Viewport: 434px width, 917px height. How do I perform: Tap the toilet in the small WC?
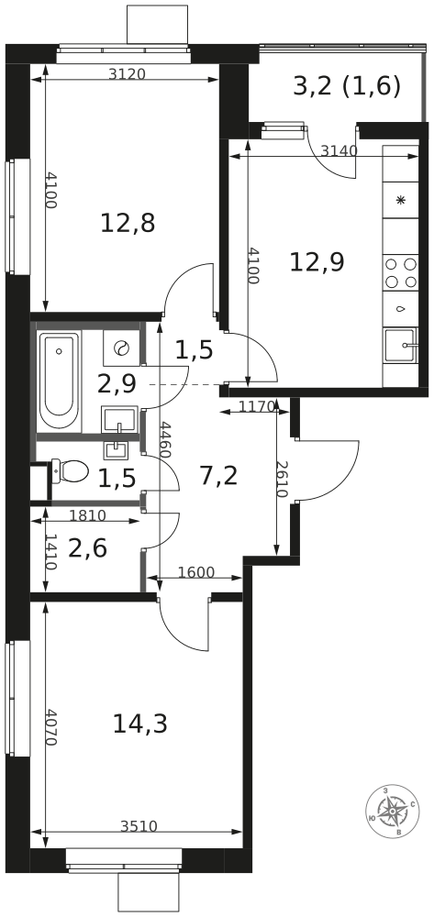(70, 471)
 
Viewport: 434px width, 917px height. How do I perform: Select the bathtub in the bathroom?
(59, 381)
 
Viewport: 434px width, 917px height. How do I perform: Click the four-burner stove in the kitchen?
(401, 272)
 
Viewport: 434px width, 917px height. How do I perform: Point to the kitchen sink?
(401, 346)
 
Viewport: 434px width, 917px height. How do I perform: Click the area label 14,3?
(139, 724)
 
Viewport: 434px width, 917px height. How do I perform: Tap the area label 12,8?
(128, 223)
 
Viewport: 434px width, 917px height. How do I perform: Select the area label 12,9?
(317, 261)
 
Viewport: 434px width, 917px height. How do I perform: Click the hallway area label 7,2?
(218, 476)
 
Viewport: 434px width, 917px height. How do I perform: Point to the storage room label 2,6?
(88, 549)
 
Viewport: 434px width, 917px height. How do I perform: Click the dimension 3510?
(139, 826)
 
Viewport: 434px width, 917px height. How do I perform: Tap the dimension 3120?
(127, 73)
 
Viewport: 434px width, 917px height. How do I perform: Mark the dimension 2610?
(282, 479)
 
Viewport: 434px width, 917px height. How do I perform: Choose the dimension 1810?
(88, 515)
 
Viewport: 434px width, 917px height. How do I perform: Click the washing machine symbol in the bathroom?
(121, 348)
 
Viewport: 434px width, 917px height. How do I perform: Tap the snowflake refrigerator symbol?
(401, 200)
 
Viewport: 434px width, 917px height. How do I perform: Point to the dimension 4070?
(50, 727)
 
